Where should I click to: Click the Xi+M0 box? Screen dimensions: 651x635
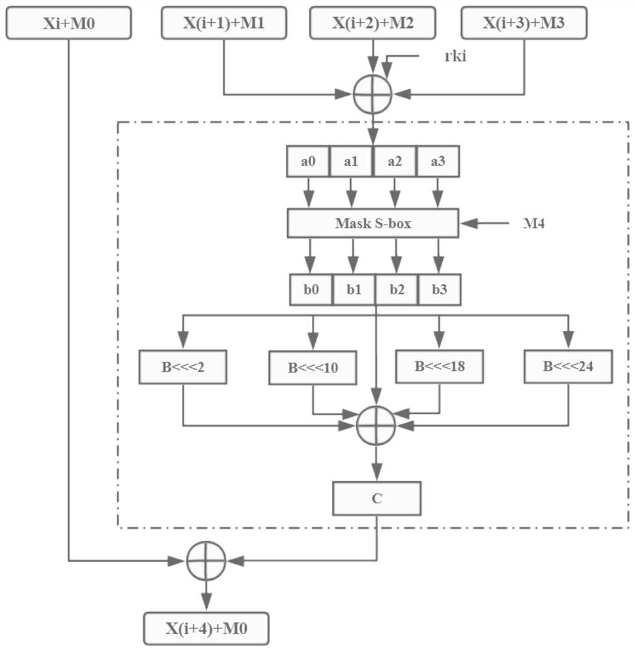(x=68, y=23)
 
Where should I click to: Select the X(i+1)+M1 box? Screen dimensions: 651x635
(x=223, y=23)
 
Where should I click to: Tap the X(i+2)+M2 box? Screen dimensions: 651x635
(x=373, y=23)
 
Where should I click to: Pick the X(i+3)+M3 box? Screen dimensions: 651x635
(x=524, y=23)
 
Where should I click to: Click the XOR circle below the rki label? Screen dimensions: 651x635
(x=373, y=94)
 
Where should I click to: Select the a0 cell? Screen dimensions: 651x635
(x=309, y=163)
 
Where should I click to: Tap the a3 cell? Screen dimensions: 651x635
(x=437, y=163)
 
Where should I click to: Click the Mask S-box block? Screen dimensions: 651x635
(x=373, y=224)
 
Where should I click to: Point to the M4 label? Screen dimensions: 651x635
(x=533, y=224)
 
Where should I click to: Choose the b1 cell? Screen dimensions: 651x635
(x=354, y=290)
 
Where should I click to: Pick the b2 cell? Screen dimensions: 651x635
(x=396, y=290)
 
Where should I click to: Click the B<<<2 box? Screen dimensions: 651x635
(x=183, y=367)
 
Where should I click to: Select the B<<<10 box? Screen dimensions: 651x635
(x=313, y=368)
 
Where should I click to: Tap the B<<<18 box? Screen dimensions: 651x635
(x=440, y=366)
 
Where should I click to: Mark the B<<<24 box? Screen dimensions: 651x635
(x=569, y=367)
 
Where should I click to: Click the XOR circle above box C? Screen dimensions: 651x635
(x=376, y=424)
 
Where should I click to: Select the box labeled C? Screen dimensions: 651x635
(x=377, y=499)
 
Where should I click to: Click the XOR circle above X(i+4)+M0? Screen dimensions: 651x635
(x=206, y=559)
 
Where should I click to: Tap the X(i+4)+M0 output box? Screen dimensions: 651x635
(x=206, y=629)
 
